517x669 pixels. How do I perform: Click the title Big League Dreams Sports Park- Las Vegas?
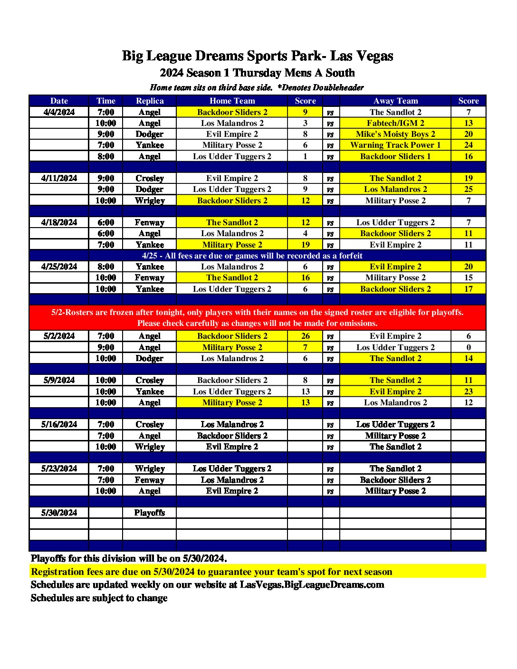(258, 56)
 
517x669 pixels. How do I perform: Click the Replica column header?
(150, 101)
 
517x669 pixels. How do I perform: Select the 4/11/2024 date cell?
(59, 178)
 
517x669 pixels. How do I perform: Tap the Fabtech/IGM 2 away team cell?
(395, 123)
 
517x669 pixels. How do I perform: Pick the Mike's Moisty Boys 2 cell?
(395, 134)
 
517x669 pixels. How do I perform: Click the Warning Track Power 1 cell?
(395, 145)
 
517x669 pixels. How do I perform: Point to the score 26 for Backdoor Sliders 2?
(305, 336)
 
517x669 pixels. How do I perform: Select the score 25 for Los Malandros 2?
(468, 189)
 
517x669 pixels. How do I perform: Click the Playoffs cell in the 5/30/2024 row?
(150, 513)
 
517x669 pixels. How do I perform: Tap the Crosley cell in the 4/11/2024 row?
(150, 178)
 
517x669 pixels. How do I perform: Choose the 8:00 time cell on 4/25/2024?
(105, 267)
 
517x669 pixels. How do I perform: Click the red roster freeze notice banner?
(258, 317)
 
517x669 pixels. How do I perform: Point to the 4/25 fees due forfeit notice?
(252, 256)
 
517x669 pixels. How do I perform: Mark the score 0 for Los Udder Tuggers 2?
(468, 347)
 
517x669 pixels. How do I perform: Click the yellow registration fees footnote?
(212, 572)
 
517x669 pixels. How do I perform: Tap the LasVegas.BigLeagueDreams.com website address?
(312, 584)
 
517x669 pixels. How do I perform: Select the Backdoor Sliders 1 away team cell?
(395, 156)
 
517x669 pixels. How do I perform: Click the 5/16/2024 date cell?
(59, 424)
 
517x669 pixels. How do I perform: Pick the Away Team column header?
(395, 101)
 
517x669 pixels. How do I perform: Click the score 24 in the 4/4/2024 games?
(468, 145)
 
